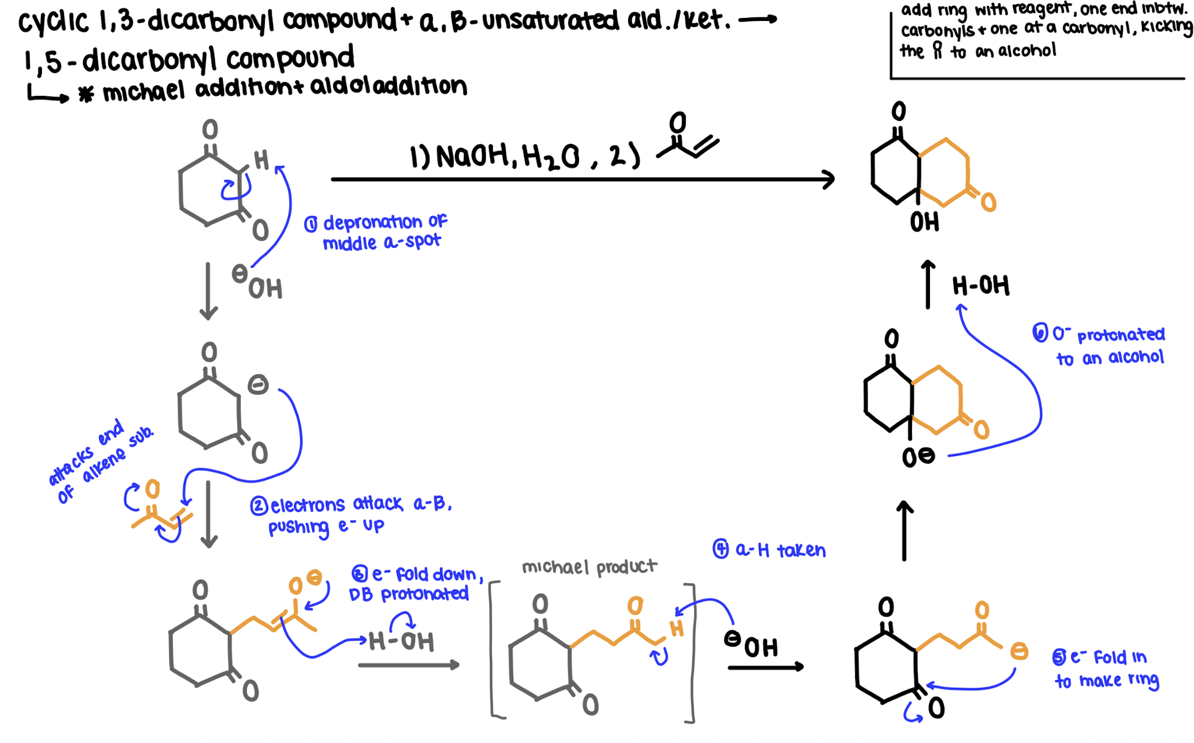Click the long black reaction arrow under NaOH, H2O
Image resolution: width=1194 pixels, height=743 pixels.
(581, 179)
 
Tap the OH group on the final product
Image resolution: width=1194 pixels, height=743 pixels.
(924, 223)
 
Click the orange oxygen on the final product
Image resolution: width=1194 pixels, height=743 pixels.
(989, 203)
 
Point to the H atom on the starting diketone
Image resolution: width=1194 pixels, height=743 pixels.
(262, 161)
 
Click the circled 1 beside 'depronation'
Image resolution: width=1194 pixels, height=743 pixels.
(311, 225)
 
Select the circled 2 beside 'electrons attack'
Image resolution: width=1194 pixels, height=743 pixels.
(259, 506)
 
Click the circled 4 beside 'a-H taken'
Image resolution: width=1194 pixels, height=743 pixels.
(720, 549)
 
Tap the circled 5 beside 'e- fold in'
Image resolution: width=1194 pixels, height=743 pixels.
(1059, 657)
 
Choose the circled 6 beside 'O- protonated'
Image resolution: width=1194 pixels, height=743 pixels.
(1040, 333)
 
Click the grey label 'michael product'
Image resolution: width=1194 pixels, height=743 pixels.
(589, 567)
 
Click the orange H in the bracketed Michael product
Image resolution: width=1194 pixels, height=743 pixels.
(677, 629)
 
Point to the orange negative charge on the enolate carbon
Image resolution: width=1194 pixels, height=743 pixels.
(1019, 651)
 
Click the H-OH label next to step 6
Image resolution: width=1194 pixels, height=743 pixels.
(981, 286)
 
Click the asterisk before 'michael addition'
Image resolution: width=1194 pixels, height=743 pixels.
(86, 95)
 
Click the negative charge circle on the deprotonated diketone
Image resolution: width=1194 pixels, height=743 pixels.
(258, 385)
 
